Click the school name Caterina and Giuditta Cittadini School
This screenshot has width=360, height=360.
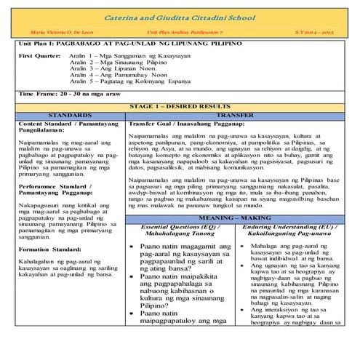180,16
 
